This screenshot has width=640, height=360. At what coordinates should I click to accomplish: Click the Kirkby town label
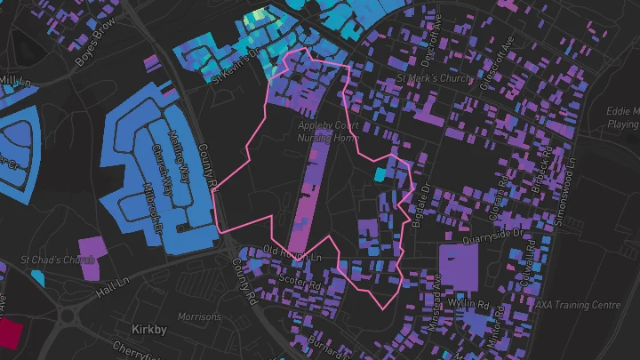pyautogui.click(x=148, y=330)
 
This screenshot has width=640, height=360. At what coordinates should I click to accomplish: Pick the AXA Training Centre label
pyautogui.click(x=577, y=305)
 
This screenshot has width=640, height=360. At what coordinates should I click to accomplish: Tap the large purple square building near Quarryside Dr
pyautogui.click(x=458, y=267)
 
